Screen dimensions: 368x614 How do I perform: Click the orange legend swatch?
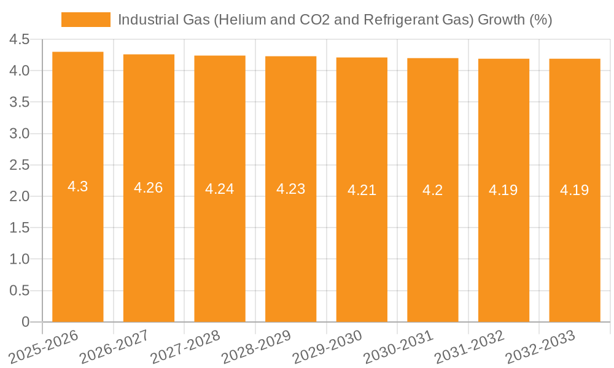pos(85,20)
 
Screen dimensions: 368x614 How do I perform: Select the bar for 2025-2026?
pos(78,245)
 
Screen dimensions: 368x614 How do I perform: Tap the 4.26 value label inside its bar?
pos(149,188)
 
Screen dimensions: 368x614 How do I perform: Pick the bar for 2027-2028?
pos(220,245)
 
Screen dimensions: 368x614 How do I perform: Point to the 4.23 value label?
pos(291,189)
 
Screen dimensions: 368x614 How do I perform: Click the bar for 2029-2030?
pos(362,245)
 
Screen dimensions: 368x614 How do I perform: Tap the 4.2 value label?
pos(433,190)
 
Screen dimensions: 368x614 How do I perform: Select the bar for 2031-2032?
pos(503,245)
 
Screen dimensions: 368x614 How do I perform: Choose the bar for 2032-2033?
pos(575,245)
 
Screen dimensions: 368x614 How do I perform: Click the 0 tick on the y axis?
pos(25,322)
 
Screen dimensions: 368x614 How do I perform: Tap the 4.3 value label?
pos(78,186)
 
